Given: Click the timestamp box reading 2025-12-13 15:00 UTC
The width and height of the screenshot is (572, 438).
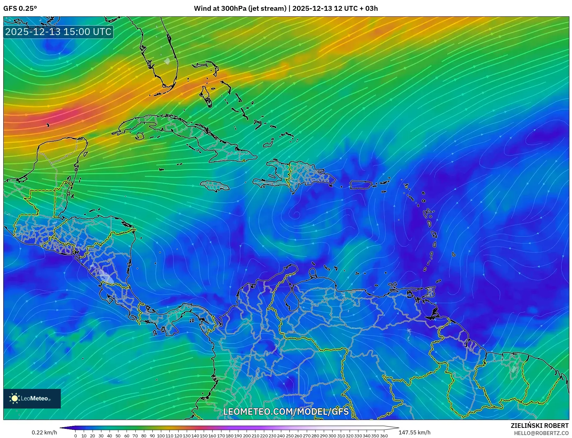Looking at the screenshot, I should click(x=58, y=32).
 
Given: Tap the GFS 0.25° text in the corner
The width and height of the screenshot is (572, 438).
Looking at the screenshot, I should click(x=20, y=9).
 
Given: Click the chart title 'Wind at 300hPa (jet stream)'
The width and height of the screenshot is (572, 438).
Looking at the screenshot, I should click(x=240, y=9).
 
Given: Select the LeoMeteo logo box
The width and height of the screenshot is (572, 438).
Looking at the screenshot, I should click(x=32, y=398).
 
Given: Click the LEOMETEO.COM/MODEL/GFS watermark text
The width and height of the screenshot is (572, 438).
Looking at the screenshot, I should click(x=286, y=411).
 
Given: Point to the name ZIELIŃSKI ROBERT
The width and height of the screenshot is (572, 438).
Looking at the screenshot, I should click(x=539, y=426).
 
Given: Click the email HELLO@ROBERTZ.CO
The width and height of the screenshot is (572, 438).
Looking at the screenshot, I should click(x=541, y=433).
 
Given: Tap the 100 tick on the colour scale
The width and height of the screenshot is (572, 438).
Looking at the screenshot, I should click(x=161, y=435).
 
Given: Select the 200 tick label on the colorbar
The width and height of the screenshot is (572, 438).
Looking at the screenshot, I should click(x=247, y=435).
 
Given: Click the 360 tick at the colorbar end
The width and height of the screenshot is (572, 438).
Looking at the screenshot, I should click(x=384, y=435).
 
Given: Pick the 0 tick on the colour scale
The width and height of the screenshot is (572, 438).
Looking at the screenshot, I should click(x=76, y=435).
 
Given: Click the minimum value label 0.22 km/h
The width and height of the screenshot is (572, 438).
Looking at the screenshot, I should click(x=44, y=432).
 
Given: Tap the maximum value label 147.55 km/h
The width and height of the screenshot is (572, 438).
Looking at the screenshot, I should click(x=414, y=432).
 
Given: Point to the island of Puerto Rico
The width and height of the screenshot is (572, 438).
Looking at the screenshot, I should click(x=361, y=185).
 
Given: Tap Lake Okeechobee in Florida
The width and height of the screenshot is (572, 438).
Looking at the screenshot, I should click(x=167, y=61).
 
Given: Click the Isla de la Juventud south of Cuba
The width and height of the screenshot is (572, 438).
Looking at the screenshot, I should click(x=140, y=136).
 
